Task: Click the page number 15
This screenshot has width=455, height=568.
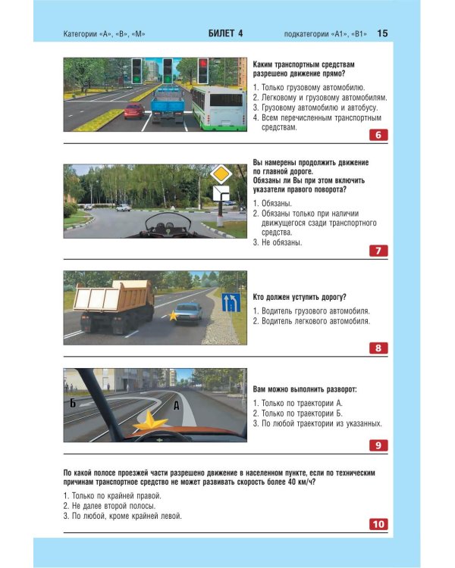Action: (382, 33)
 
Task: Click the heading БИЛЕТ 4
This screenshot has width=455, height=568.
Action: (225, 33)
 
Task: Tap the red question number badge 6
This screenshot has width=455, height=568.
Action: (378, 135)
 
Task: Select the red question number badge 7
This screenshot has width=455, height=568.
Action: (378, 251)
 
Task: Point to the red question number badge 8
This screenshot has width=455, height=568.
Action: (378, 348)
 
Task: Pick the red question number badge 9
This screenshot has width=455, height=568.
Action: (378, 445)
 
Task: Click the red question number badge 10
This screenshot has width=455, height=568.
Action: (378, 524)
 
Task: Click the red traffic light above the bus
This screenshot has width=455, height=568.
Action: (202, 71)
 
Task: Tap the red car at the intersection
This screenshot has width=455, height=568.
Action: (134, 111)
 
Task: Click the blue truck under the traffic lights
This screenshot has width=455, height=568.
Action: (168, 105)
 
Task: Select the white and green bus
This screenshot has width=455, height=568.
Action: (218, 108)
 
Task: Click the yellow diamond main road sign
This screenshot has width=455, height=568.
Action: (221, 175)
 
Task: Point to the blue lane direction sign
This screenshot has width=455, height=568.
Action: (231, 303)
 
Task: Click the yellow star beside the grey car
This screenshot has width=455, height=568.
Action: (173, 316)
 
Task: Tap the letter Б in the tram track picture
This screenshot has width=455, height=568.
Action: (73, 403)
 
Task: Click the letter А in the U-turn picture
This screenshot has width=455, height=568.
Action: (176, 405)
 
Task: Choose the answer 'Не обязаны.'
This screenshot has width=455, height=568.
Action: (278, 242)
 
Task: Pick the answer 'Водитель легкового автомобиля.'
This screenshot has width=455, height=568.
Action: (312, 321)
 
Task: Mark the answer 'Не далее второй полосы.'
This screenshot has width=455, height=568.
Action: (109, 506)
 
